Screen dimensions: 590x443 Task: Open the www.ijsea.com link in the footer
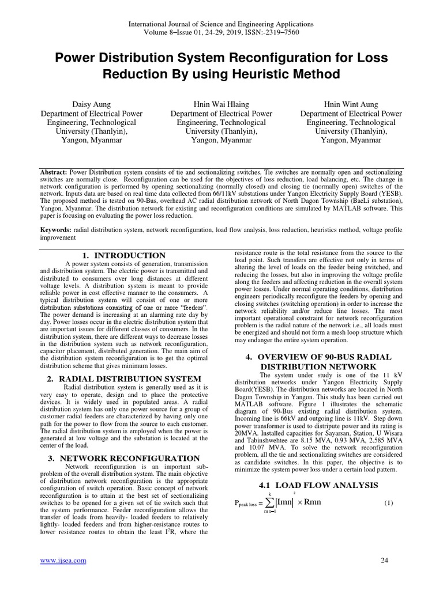(62, 561)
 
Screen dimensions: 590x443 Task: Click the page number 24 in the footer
(385, 561)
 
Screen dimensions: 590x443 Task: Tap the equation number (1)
(388, 503)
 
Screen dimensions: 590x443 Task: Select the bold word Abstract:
(54, 172)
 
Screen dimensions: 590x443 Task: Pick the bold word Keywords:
(55, 229)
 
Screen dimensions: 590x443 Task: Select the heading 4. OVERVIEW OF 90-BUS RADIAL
(318, 357)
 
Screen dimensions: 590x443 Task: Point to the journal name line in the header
(221, 24)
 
